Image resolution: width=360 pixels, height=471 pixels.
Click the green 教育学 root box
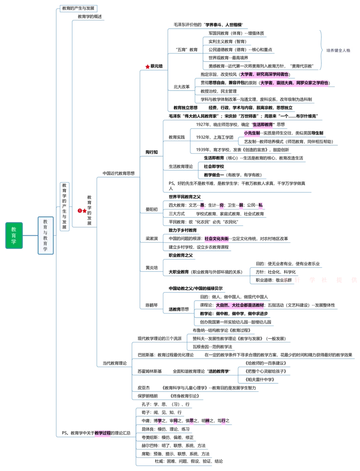click(x=14, y=236)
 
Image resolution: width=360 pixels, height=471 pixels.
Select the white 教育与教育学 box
click(x=45, y=235)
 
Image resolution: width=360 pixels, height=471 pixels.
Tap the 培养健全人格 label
click(x=338, y=50)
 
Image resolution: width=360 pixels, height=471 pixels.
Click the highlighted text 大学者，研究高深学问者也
click(x=264, y=74)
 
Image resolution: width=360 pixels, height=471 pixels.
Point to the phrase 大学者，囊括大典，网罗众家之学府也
click(x=294, y=83)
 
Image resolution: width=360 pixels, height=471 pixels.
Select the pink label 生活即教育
click(x=262, y=125)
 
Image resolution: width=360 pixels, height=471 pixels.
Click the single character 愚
click(x=202, y=206)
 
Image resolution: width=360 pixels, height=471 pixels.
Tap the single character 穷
click(x=222, y=206)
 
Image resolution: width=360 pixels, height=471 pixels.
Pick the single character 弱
click(x=241, y=206)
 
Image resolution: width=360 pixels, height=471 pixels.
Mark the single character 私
click(x=260, y=206)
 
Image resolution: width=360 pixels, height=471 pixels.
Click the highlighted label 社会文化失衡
click(x=216, y=239)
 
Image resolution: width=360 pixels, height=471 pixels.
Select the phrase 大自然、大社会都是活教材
click(x=240, y=305)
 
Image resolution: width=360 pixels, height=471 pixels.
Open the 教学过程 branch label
click(x=102, y=433)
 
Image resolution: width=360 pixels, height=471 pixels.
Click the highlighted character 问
click(x=175, y=421)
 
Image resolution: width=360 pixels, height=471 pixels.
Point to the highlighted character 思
click(x=192, y=421)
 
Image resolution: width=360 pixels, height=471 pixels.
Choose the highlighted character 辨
click(x=207, y=421)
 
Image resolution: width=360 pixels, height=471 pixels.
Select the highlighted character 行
click(x=223, y=421)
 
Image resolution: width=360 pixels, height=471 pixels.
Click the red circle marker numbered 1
click(x=80, y=211)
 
